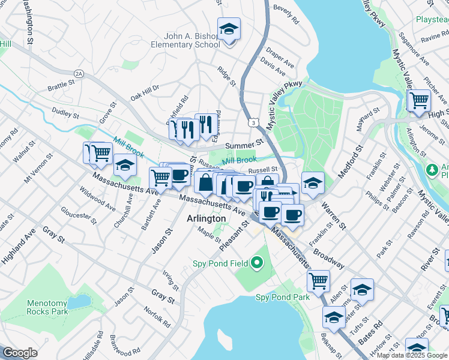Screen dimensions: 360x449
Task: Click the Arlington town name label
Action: tap(206, 219)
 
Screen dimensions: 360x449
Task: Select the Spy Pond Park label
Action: tap(283, 297)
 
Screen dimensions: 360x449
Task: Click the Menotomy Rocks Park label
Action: tap(47, 307)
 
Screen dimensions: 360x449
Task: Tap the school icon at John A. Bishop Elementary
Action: tap(229, 29)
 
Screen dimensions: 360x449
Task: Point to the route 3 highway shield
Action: tap(255, 123)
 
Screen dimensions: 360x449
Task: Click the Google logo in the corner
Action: tap(20, 353)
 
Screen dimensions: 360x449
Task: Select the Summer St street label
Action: tap(244, 145)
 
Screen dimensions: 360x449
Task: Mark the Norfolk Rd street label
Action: tap(156, 317)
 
